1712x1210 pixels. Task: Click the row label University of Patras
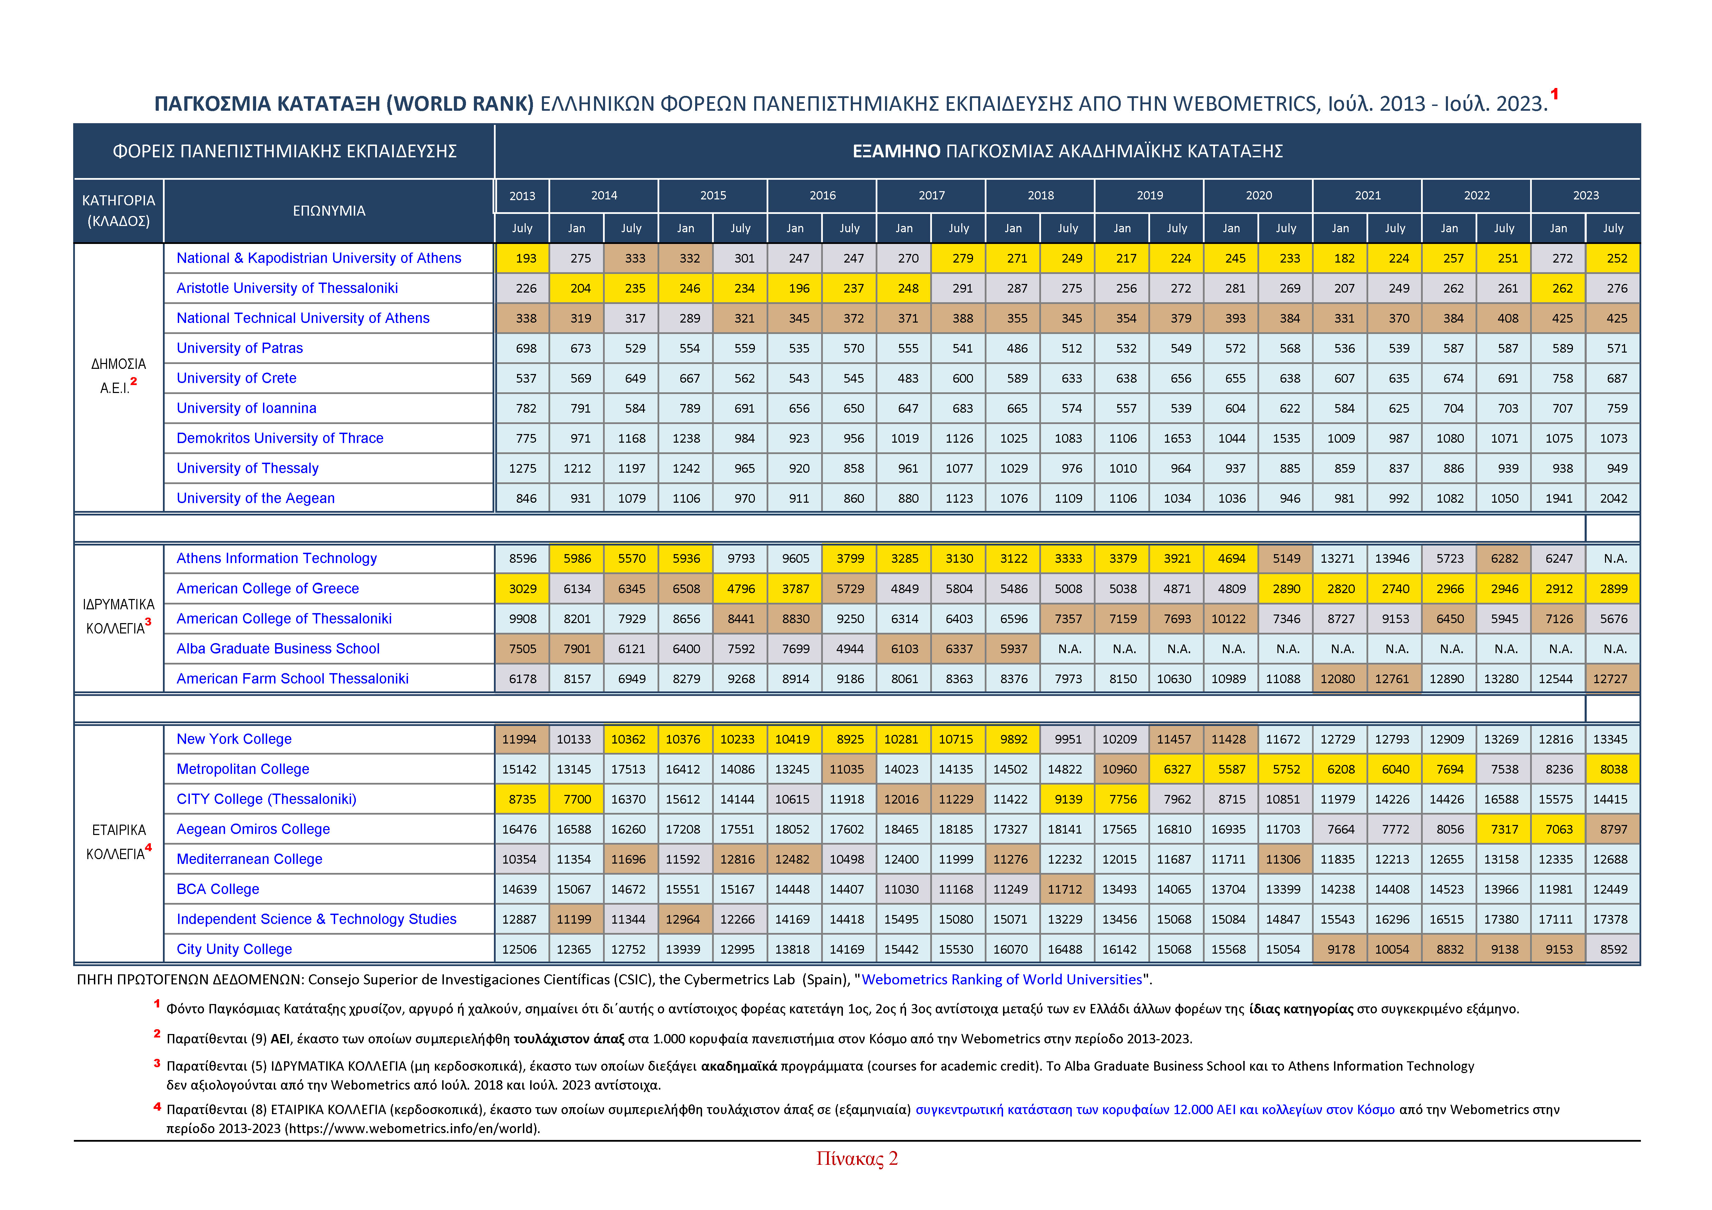pyautogui.click(x=239, y=348)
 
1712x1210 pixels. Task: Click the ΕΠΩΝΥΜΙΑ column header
pyautogui.click(x=329, y=211)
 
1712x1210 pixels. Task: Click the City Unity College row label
pyautogui.click(x=234, y=949)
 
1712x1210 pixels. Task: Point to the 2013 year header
pyautogui.click(x=522, y=195)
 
